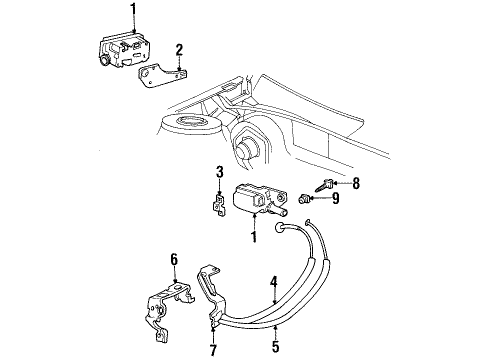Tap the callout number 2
[179, 49]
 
